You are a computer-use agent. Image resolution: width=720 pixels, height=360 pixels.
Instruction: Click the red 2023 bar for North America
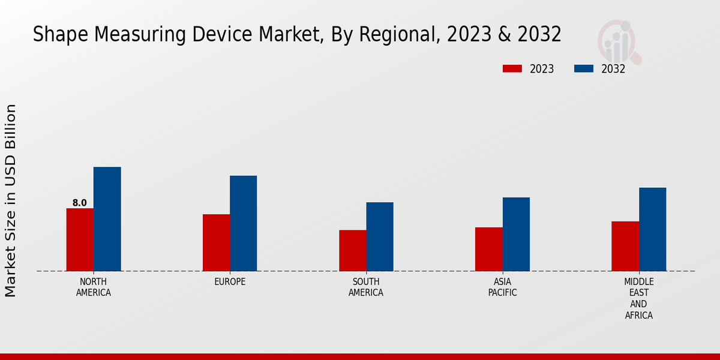[80, 239]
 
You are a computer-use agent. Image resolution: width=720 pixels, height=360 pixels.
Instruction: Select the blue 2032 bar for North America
[107, 219]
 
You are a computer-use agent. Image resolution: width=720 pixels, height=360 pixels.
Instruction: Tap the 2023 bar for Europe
[216, 242]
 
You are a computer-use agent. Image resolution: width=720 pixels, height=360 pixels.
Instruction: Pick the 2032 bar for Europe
[243, 223]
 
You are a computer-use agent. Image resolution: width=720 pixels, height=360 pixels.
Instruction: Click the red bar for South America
[352, 250]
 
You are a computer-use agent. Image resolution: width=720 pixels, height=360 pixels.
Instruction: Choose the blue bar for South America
[380, 236]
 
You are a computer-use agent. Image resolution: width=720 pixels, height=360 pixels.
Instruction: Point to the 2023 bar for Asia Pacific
[488, 249]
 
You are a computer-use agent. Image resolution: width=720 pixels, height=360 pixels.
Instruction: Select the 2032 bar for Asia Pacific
[516, 234]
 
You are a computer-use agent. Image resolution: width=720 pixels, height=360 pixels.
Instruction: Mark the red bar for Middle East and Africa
[625, 246]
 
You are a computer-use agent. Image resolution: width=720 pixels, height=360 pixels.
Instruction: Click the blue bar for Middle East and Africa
[652, 229]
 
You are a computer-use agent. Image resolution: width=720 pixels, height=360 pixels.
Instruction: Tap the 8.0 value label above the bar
[80, 203]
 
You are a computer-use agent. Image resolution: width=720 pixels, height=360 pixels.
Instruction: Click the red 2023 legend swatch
[512, 69]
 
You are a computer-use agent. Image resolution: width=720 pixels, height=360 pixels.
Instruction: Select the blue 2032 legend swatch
[583, 69]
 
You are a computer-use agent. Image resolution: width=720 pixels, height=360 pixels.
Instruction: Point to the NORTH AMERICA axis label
[94, 287]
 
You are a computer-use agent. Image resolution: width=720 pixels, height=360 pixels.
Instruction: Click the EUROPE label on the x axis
[230, 282]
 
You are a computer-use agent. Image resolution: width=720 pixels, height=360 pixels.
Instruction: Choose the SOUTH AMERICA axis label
[366, 287]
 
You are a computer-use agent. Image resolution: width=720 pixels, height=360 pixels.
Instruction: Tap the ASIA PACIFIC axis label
[502, 287]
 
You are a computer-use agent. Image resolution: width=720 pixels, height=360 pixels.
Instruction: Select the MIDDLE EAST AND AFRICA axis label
[639, 298]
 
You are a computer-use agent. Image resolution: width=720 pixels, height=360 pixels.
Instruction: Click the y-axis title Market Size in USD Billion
[11, 200]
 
